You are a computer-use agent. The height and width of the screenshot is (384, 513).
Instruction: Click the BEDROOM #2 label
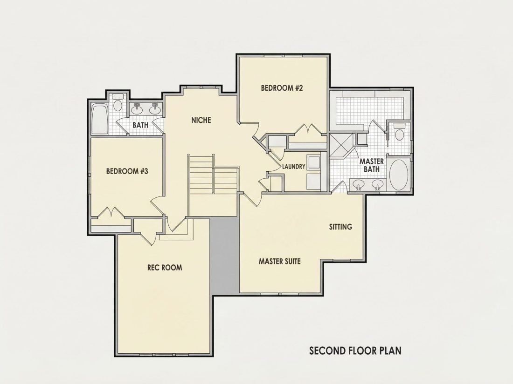282,88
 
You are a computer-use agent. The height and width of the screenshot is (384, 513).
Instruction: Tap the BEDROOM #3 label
127,171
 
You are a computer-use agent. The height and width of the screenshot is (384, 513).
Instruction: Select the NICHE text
201,120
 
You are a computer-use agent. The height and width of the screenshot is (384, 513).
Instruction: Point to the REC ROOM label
165,268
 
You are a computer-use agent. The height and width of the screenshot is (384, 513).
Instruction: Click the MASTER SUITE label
280,261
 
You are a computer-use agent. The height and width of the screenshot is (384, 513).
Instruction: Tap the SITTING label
340,227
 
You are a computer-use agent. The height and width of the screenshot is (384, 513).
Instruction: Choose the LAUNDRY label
294,167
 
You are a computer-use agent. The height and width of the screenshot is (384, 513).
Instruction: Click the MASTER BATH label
372,165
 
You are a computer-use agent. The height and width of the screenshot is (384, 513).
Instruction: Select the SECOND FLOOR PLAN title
355,350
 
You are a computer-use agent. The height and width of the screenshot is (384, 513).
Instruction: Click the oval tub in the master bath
399,175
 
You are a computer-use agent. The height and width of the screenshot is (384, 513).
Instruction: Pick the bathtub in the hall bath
100,119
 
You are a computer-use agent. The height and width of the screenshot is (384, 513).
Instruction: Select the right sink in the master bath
378,185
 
